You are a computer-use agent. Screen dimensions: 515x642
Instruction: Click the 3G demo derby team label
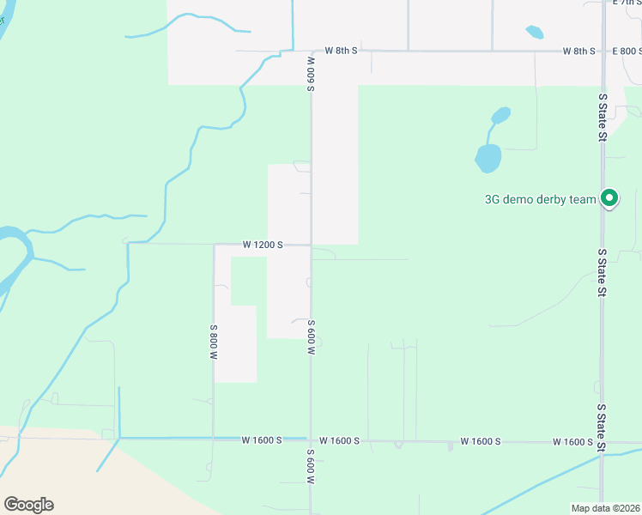coord(540,200)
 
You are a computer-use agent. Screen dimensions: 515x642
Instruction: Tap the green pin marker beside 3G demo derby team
coord(609,198)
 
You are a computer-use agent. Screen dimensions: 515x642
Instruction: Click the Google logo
coord(28,505)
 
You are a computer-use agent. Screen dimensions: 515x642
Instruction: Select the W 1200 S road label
coord(263,245)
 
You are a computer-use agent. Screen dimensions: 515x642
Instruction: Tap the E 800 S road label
coord(627,51)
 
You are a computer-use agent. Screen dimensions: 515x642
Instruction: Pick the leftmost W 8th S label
coord(341,51)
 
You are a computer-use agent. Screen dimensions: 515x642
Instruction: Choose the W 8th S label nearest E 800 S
coord(579,51)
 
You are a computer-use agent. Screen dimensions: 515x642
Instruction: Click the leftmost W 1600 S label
coord(262,440)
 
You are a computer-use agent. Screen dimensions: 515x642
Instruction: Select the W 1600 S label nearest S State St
coord(572,441)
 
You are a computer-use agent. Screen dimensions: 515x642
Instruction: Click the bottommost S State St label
coord(602,428)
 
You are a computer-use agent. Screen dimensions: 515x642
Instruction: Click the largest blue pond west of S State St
coord(488,158)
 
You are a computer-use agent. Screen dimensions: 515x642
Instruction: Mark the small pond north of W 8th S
coord(534,33)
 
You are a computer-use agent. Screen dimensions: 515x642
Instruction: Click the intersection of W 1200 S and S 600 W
coord(311,245)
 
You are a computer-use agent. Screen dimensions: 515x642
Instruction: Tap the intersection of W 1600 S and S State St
coord(602,443)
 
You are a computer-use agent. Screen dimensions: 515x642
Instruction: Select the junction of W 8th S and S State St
coord(602,51)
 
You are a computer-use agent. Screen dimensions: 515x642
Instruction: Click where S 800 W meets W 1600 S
coord(213,439)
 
